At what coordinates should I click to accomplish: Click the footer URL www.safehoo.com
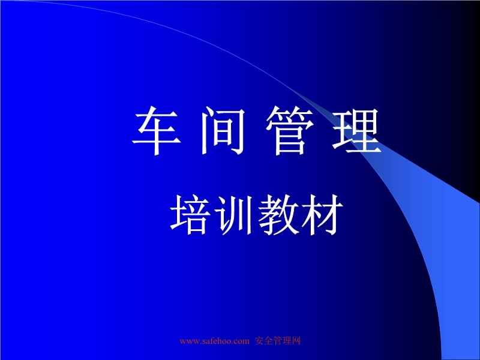click(214, 341)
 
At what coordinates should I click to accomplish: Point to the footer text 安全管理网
click(277, 341)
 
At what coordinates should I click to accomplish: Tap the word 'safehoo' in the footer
click(215, 341)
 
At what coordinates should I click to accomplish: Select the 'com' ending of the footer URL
click(241, 341)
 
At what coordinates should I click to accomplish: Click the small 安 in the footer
click(259, 341)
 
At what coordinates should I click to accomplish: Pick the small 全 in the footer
click(268, 341)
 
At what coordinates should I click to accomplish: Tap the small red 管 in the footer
click(277, 341)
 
